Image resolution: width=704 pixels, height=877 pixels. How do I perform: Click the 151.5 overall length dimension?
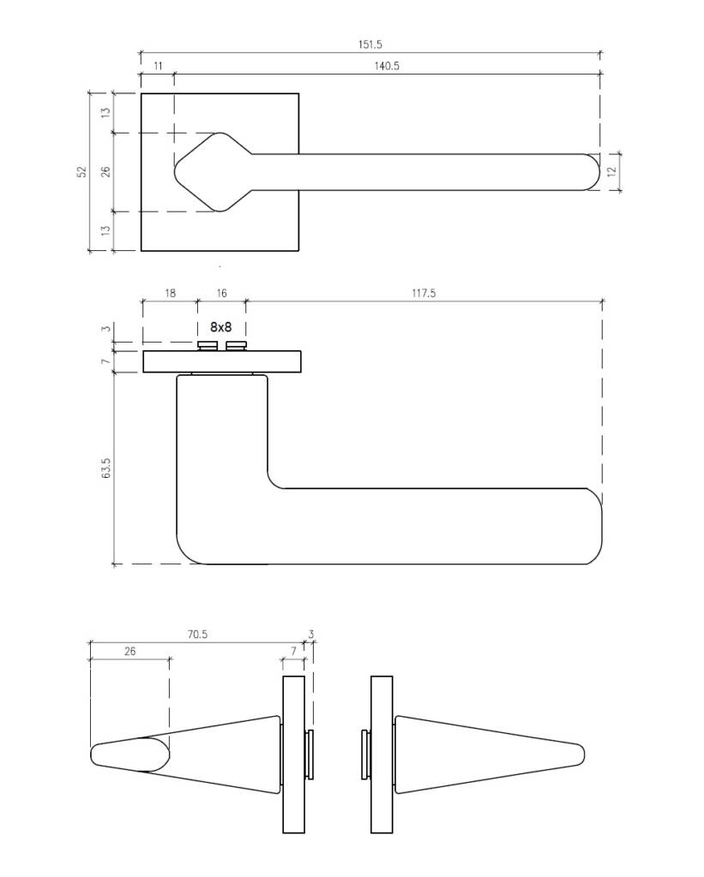370,45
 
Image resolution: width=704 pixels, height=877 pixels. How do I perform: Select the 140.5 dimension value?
387,66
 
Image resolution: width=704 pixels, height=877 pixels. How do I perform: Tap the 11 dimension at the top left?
158,66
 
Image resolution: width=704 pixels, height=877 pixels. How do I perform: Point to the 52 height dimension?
82,171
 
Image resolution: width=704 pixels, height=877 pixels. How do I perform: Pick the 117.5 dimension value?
424,293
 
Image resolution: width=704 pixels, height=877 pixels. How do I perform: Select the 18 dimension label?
171,293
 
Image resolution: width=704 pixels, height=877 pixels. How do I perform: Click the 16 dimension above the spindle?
222,293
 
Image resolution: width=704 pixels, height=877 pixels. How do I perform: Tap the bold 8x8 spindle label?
220,326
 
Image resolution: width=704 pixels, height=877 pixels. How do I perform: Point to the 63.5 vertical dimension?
106,468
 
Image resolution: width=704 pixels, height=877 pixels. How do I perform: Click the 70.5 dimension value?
197,635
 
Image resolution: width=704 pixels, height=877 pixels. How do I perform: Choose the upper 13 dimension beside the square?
105,112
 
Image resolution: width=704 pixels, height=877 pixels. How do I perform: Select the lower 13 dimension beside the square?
105,230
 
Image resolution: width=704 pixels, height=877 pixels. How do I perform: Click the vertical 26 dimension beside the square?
105,171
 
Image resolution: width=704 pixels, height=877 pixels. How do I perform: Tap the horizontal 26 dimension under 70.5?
130,651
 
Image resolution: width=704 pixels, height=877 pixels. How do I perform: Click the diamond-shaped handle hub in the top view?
215,172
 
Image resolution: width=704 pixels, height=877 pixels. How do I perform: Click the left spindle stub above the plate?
208,346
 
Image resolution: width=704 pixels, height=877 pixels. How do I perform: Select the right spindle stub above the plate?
236,346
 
